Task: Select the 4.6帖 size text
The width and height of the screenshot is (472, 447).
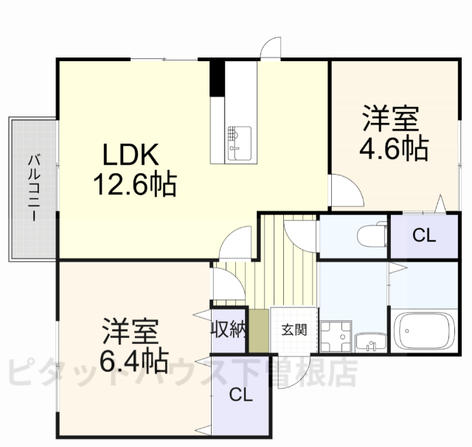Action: click(393, 149)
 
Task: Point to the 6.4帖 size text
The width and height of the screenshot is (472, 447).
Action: click(133, 360)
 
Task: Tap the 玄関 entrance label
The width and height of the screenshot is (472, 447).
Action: click(292, 329)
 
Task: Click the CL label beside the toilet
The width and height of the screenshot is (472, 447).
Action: click(423, 236)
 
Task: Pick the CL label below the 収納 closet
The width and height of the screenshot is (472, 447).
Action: click(240, 395)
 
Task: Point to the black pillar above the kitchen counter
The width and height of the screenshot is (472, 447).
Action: click(217, 77)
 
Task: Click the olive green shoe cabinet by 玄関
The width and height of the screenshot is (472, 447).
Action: click(258, 331)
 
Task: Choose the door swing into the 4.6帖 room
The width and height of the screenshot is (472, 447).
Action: click(344, 191)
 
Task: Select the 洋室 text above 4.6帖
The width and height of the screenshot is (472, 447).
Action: click(391, 120)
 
